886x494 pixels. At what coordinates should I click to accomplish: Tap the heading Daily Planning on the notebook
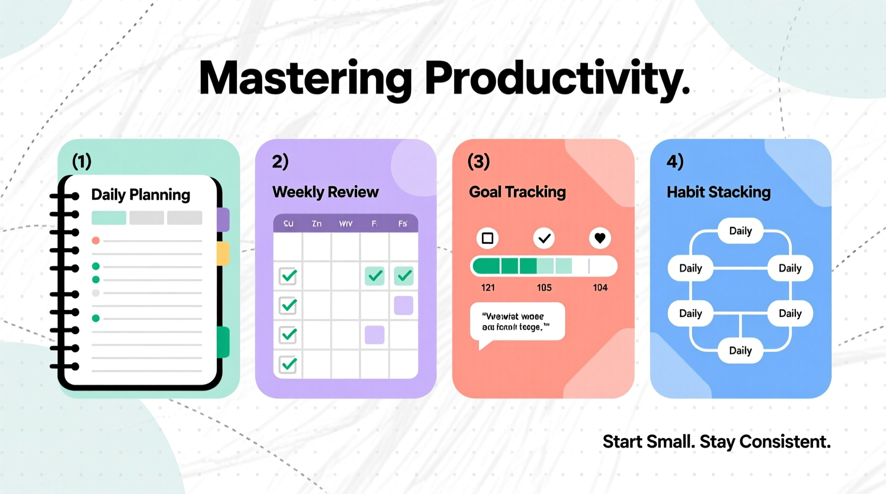(141, 195)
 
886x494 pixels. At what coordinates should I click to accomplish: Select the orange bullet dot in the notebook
(96, 241)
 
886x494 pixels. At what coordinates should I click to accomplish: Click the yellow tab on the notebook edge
(224, 253)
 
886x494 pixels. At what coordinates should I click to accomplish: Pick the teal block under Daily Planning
(109, 218)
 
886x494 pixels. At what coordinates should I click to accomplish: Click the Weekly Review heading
(325, 192)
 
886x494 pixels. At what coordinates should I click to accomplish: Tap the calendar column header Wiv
(346, 224)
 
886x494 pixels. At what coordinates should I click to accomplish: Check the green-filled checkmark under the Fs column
(404, 276)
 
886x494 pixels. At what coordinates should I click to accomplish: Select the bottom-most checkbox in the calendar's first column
(288, 365)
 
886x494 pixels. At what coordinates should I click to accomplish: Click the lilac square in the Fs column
(404, 306)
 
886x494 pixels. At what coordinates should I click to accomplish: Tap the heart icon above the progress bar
(600, 238)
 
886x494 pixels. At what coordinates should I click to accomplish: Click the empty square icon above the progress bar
(487, 238)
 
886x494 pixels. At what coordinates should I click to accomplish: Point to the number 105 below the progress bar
(544, 288)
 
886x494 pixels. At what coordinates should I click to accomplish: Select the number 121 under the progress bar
(488, 288)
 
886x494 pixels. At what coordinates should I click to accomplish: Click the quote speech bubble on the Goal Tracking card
(517, 322)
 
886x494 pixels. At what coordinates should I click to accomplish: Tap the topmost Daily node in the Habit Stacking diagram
(740, 231)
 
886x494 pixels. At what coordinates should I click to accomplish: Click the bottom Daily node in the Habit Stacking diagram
(740, 351)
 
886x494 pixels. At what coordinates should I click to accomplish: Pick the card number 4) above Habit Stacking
(675, 161)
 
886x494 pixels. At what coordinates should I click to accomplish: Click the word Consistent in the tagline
(785, 442)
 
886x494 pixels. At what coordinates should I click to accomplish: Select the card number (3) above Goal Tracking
(478, 161)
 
